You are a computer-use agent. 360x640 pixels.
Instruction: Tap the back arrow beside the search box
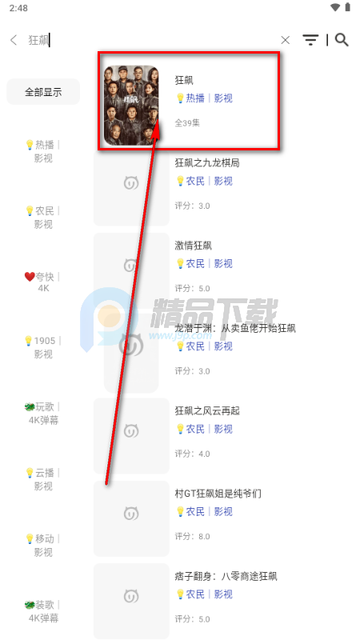tap(14, 40)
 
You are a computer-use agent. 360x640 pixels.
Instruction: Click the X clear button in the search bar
tap(286, 40)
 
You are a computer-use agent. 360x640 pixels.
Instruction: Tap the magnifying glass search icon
tap(342, 39)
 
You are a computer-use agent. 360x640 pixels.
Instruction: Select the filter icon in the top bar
tap(310, 39)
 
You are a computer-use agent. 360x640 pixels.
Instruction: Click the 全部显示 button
tap(43, 92)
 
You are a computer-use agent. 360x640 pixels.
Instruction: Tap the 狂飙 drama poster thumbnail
tap(131, 106)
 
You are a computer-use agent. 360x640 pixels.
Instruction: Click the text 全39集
tap(187, 123)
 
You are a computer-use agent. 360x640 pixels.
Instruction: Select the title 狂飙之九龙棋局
tap(207, 163)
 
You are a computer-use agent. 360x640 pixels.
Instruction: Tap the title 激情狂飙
tap(193, 246)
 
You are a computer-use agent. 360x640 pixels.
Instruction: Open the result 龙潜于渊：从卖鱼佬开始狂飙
tap(235, 328)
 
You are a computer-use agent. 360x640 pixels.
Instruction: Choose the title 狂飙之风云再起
tap(207, 410)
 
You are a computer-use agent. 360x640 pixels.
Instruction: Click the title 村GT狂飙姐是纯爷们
tap(218, 494)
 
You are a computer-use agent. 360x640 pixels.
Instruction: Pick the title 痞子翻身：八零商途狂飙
tap(226, 576)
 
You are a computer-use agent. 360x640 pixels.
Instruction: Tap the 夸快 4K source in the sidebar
tap(42, 282)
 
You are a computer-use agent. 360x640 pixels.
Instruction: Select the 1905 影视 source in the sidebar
tap(42, 347)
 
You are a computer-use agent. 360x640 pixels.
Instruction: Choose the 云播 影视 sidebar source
tap(42, 479)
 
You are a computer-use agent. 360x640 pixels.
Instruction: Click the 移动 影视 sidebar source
tap(42, 546)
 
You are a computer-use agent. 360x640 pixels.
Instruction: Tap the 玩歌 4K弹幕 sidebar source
tap(42, 414)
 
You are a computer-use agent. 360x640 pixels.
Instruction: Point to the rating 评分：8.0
tap(192, 536)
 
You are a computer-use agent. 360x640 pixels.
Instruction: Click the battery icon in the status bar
tap(347, 7)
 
